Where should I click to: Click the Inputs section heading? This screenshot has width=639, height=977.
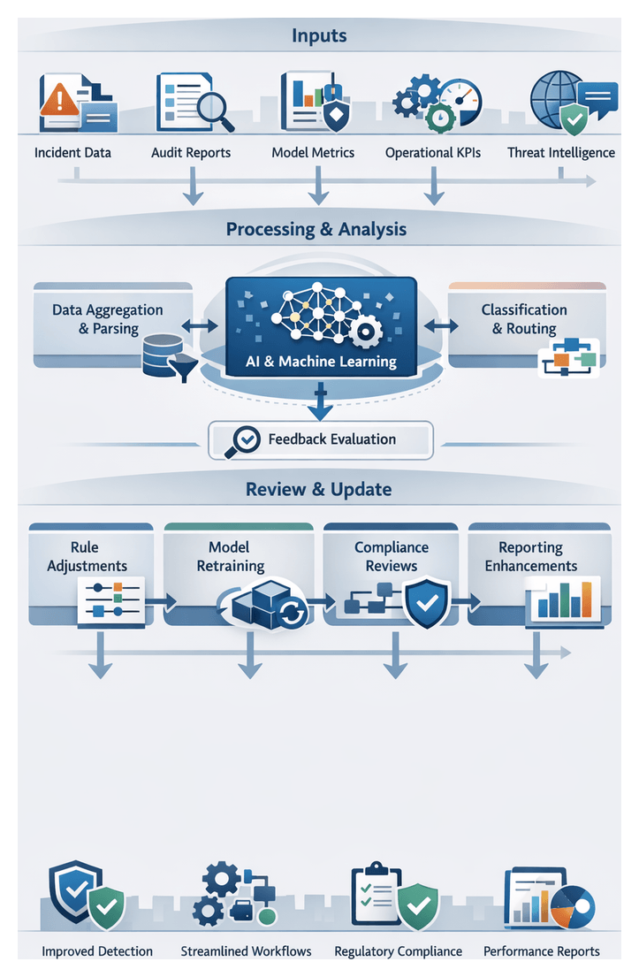(x=319, y=36)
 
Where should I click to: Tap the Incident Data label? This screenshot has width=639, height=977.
(x=72, y=152)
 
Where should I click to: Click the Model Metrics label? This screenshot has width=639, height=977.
(x=313, y=152)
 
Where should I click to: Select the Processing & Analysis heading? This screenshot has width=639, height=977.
(x=316, y=229)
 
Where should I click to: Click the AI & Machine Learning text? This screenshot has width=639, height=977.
(x=321, y=361)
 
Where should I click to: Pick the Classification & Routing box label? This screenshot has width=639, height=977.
(x=524, y=319)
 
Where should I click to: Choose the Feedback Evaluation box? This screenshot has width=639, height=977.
(x=320, y=439)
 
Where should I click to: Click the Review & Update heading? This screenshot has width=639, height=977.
(x=318, y=489)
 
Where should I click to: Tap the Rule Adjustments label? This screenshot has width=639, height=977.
(x=87, y=557)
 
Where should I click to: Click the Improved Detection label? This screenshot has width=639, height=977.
(x=97, y=951)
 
